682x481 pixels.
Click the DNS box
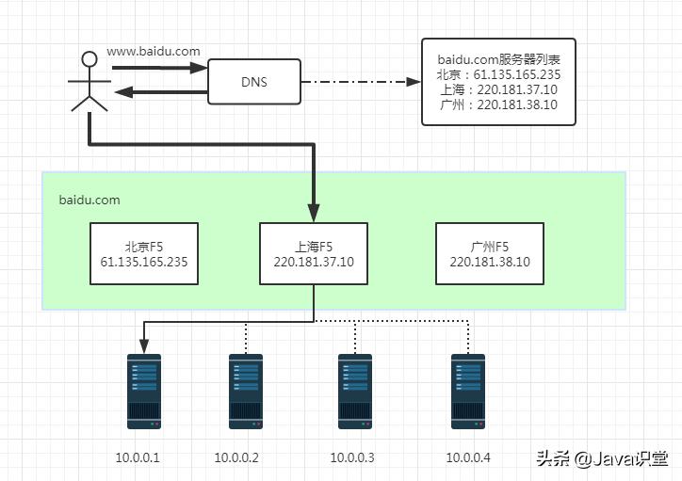253,82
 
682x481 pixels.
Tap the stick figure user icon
89,83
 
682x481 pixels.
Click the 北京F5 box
143,254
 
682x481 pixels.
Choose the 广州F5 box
490,254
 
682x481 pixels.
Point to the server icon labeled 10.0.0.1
144,391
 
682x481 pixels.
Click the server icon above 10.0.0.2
246,391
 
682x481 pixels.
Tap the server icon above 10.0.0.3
355,391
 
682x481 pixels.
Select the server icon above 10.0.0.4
468,391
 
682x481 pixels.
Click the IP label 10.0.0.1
138,457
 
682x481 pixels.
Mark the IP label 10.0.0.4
468,457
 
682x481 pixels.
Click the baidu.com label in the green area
89,200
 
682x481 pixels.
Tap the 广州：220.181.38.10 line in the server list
498,104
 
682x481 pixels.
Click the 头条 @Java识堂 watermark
602,458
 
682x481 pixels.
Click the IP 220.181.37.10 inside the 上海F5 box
314,263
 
